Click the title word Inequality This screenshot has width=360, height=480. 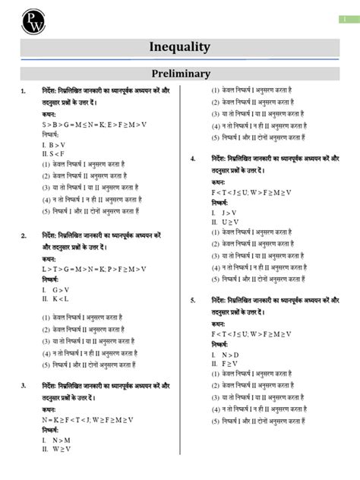[180, 47]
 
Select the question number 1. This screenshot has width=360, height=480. [25, 91]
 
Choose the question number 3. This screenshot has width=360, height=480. [25, 385]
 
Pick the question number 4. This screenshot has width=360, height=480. [194, 159]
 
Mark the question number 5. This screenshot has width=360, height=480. [194, 300]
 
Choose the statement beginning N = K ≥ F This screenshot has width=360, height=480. [88, 419]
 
